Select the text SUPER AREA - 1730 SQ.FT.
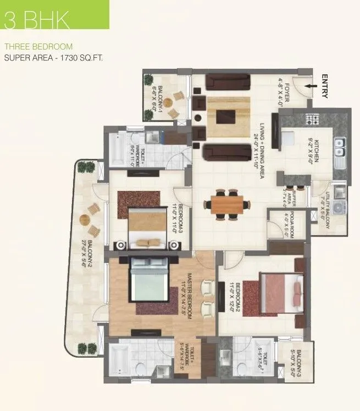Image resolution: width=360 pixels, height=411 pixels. tap(54, 57)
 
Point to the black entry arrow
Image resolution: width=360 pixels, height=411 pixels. tap(311, 86)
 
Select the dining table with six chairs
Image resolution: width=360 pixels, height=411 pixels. tap(225, 204)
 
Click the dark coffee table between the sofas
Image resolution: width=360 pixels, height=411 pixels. tap(225, 116)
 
